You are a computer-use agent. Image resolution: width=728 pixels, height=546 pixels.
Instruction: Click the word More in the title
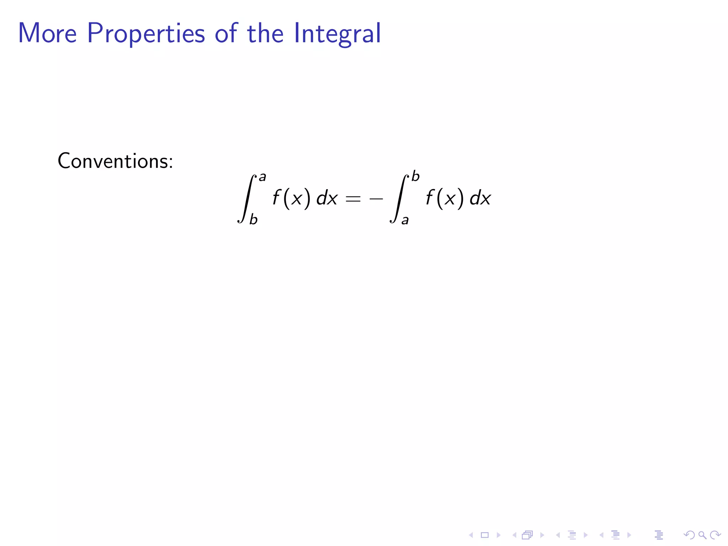pyautogui.click(x=47, y=33)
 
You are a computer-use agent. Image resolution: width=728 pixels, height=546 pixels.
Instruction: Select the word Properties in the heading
pyautogui.click(x=146, y=34)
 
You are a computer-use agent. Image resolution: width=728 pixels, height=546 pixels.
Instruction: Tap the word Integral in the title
pyautogui.click(x=337, y=34)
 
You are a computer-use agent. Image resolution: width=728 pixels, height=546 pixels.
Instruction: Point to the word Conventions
pyautogui.click(x=115, y=161)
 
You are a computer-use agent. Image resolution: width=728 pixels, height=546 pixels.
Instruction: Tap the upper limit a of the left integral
pyautogui.click(x=262, y=177)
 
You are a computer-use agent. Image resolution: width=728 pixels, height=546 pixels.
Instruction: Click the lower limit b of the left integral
pyautogui.click(x=253, y=220)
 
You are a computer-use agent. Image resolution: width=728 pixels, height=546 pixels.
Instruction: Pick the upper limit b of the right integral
pyautogui.click(x=415, y=176)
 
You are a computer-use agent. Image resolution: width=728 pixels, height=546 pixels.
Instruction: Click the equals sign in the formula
pyautogui.click(x=353, y=199)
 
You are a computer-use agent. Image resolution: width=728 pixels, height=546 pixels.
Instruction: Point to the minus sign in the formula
pyautogui.click(x=376, y=199)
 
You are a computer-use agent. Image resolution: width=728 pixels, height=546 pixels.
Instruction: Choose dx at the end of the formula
pyautogui.click(x=480, y=198)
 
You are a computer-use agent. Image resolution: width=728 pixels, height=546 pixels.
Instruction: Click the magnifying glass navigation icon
pyautogui.click(x=702, y=535)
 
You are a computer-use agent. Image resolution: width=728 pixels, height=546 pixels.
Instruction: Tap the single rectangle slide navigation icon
pyautogui.click(x=485, y=535)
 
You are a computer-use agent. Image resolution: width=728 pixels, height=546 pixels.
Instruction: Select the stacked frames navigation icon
pyautogui.click(x=528, y=535)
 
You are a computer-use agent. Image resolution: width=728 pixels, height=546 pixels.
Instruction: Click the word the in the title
pyautogui.click(x=265, y=33)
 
